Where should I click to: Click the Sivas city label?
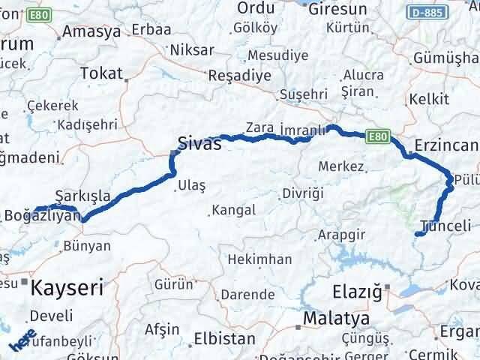pos(199,143)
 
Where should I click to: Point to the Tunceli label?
pos(446,225)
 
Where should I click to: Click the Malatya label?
pos(337,319)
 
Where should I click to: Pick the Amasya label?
pos(92,32)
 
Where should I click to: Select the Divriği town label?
pos(303,193)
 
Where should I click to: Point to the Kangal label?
pos(233,210)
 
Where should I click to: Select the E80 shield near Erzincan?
pos(379,136)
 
